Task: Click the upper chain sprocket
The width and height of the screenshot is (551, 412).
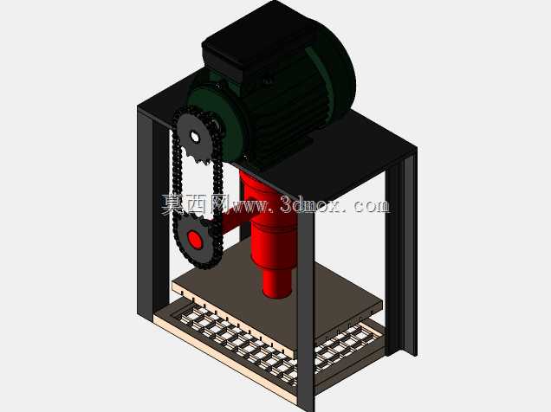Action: point(194,138)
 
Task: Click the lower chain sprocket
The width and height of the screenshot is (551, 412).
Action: point(195,239)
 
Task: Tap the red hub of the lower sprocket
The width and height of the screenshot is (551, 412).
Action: point(195,240)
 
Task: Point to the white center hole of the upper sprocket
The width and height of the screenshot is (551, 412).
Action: point(194,136)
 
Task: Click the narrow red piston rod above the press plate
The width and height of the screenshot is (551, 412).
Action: point(277,282)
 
